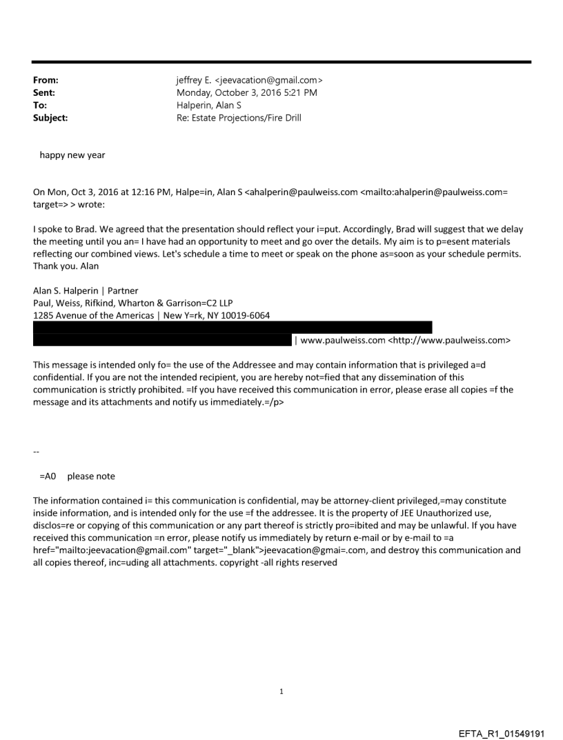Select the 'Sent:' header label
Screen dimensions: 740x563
coord(44,92)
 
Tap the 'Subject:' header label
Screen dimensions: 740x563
coord(50,117)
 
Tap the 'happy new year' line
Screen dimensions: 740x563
coord(72,155)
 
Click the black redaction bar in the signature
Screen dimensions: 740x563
coord(232,328)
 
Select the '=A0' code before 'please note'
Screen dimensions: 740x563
coord(48,477)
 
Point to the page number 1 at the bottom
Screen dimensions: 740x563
coord(281,691)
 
